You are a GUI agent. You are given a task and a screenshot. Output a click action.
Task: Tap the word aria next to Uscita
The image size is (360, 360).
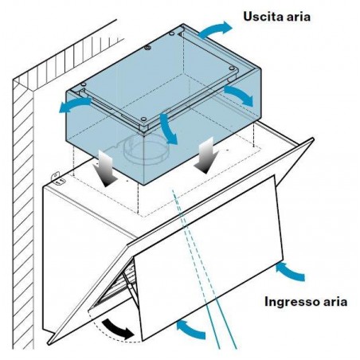pos(299,17)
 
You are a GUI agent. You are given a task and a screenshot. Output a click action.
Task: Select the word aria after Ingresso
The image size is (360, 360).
pos(335,302)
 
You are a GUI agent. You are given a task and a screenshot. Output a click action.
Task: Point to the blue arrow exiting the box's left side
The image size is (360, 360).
pos(74,104)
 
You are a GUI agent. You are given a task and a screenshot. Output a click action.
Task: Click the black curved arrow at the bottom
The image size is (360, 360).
pos(117,328)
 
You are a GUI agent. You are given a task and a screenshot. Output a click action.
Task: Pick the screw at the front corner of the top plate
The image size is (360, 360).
pos(143,119)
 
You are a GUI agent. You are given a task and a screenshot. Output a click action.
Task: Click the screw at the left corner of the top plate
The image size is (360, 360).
pos(84,84)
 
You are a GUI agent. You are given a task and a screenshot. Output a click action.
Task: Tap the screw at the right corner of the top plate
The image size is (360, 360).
pos(232,68)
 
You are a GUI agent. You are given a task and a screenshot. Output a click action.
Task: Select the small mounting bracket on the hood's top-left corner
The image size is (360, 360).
pos(59,179)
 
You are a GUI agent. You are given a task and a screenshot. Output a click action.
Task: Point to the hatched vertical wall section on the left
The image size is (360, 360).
pos(23,213)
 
